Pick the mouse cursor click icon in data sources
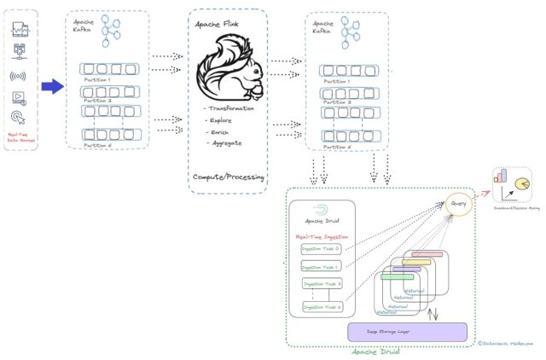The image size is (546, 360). (19, 117)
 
